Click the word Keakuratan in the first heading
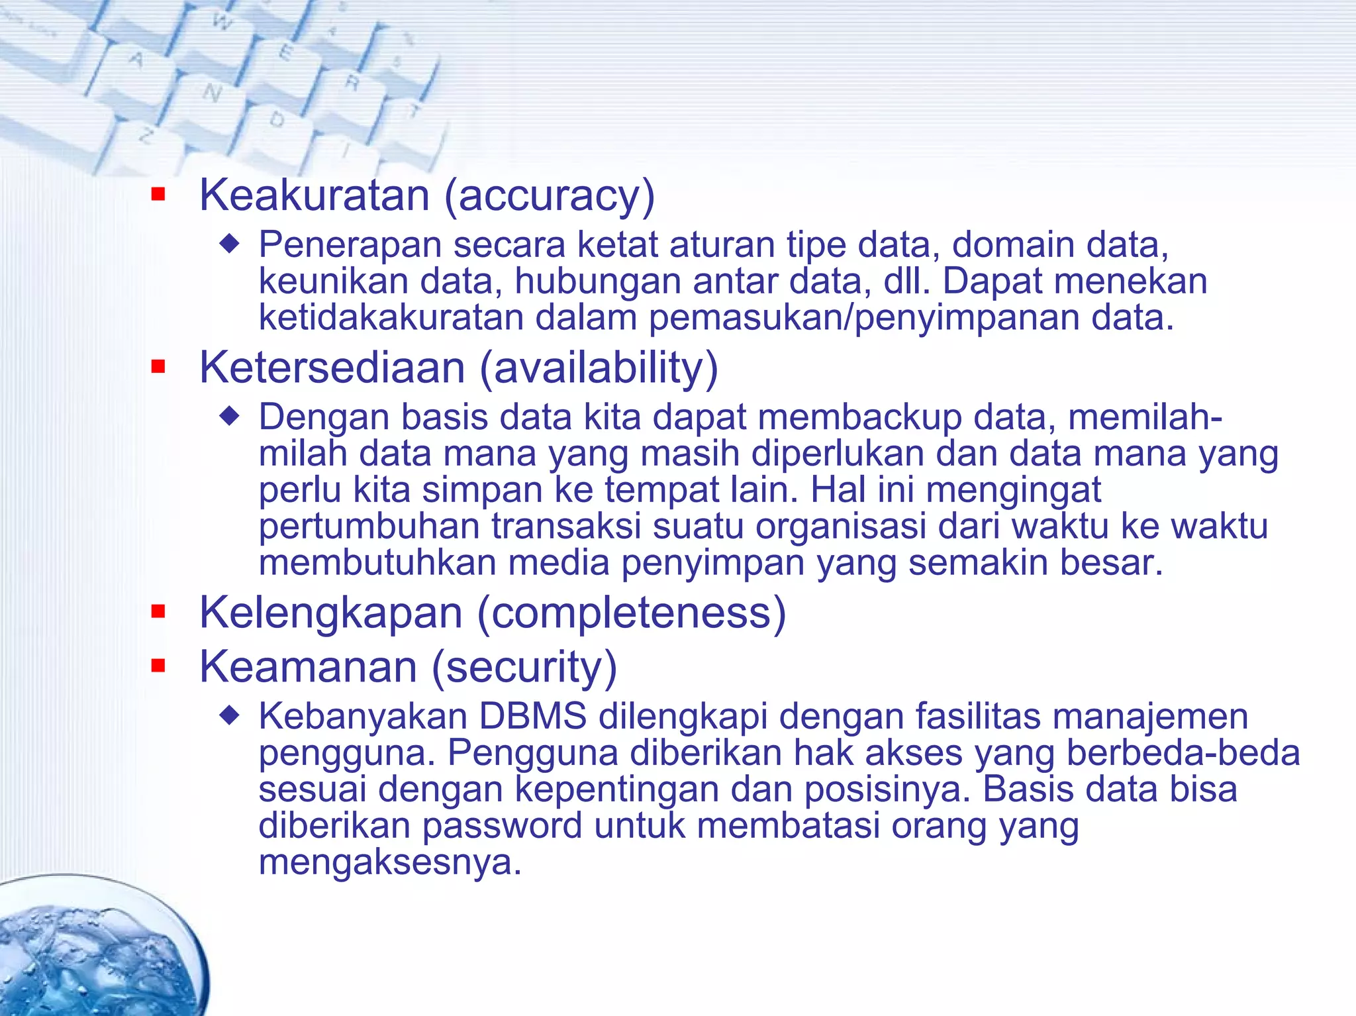(x=315, y=195)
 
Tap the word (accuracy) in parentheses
(x=550, y=197)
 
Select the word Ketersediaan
(x=332, y=368)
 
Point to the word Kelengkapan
(x=331, y=613)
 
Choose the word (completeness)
(x=632, y=613)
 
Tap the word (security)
(x=524, y=668)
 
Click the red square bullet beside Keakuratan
(x=158, y=194)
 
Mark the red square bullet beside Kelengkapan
(x=158, y=611)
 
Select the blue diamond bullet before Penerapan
(x=229, y=244)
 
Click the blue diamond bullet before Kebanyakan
(x=229, y=715)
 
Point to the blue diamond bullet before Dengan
(x=229, y=416)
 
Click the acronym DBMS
(x=533, y=716)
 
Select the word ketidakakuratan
(x=391, y=317)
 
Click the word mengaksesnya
(x=390, y=862)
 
